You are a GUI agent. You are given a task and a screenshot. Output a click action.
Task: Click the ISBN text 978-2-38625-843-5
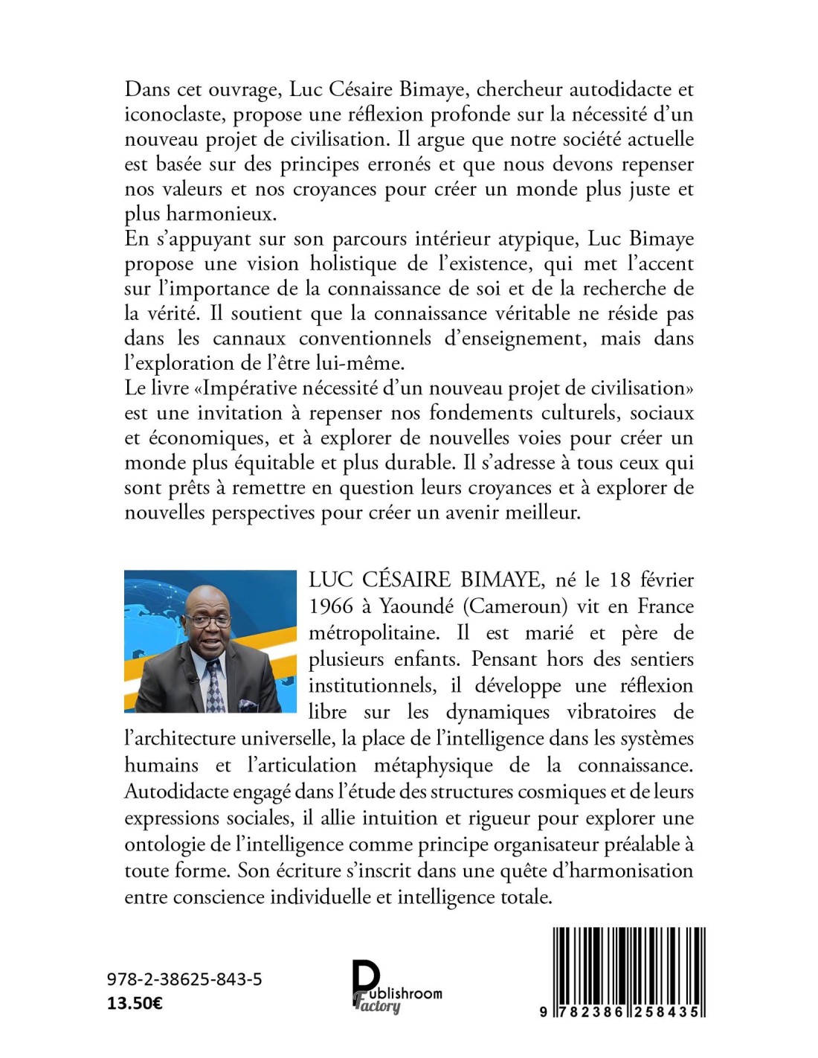(x=184, y=980)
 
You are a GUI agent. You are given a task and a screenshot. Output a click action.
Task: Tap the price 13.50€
(x=135, y=1003)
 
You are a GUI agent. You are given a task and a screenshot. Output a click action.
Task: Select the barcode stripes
(x=629, y=964)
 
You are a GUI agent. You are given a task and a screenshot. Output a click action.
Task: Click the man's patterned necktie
(x=214, y=684)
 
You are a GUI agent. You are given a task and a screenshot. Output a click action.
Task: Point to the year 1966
(x=331, y=606)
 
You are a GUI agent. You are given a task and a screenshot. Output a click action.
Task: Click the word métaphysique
(x=433, y=765)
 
